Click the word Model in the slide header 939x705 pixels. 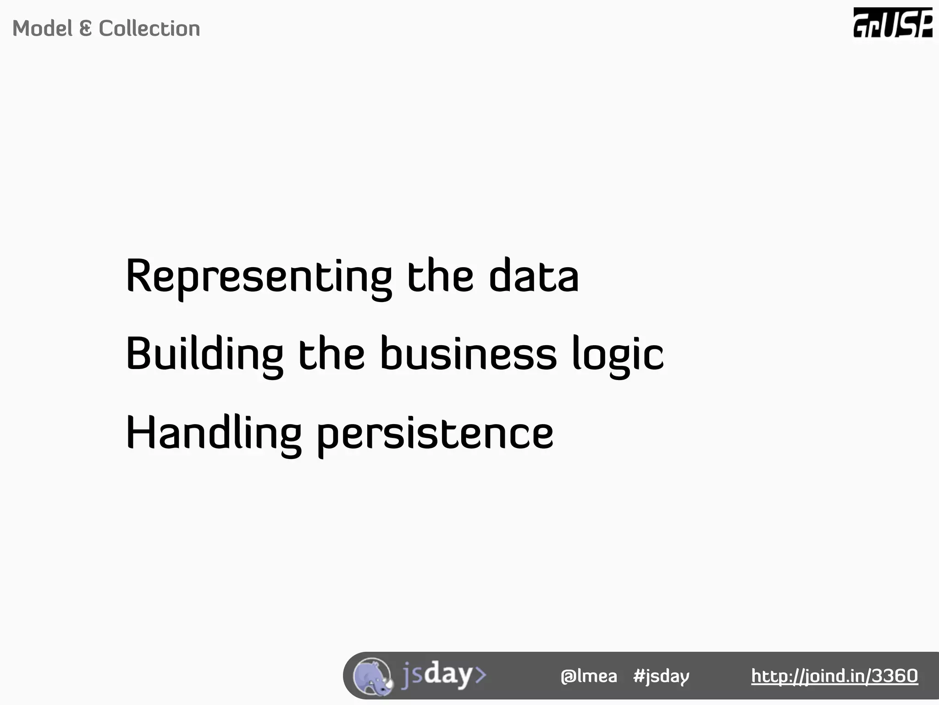point(42,28)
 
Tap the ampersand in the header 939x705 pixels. point(85,28)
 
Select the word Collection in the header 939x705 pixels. point(149,28)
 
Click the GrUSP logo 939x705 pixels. point(893,23)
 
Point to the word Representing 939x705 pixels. point(259,276)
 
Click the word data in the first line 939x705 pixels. point(534,276)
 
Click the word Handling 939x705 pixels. point(213,433)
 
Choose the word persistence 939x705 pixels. point(435,433)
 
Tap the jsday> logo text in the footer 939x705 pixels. point(443,675)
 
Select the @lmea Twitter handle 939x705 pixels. point(589,676)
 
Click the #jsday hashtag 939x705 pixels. point(661,676)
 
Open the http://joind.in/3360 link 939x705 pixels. point(834,676)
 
